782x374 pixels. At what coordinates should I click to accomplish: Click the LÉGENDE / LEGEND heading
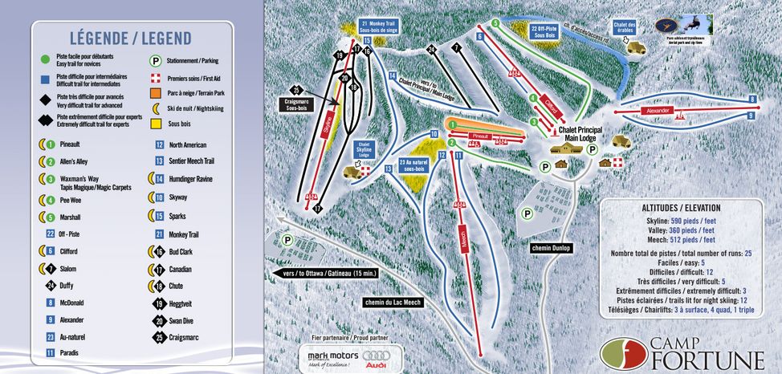point(130,39)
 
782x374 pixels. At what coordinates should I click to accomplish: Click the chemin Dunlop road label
point(551,248)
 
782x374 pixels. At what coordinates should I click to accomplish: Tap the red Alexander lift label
point(658,110)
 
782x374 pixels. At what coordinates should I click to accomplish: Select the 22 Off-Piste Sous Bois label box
point(546,30)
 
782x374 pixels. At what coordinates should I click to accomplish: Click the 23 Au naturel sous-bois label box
point(414,165)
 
